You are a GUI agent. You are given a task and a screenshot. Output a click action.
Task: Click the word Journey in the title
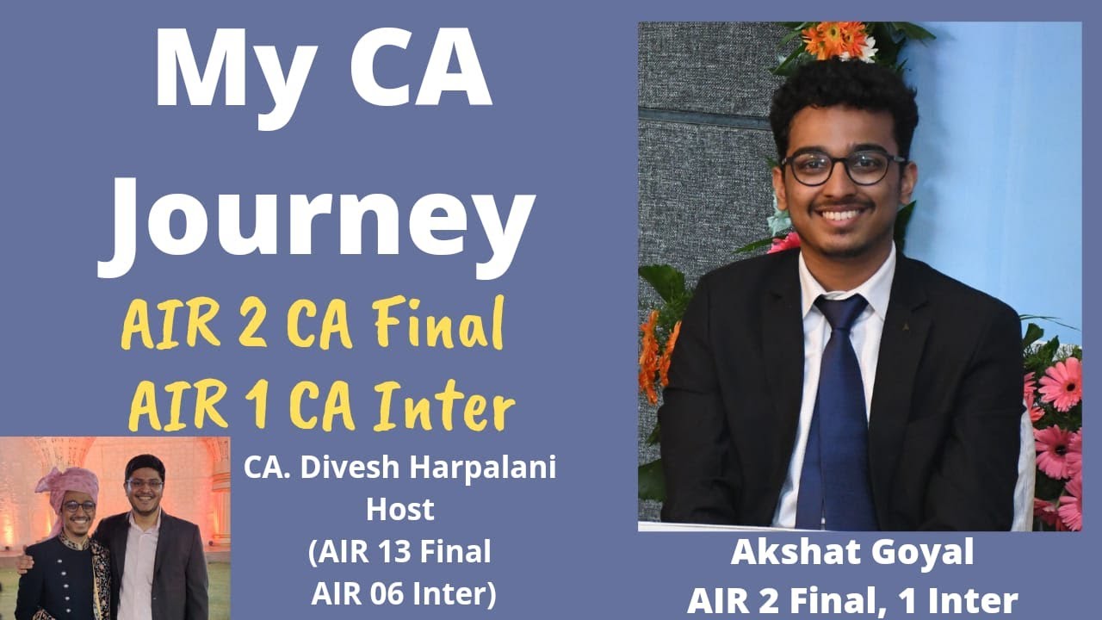(316, 215)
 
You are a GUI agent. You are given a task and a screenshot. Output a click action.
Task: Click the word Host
(399, 509)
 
